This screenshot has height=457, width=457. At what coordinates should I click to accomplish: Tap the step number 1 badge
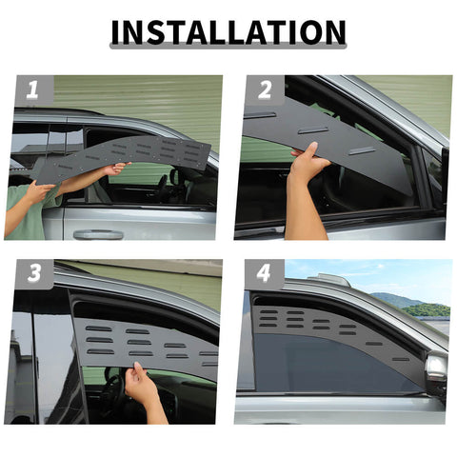click(31, 91)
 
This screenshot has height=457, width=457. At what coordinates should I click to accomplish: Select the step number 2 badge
click(264, 91)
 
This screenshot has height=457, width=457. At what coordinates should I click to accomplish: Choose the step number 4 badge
click(264, 274)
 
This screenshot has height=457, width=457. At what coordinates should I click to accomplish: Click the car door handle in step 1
click(98, 233)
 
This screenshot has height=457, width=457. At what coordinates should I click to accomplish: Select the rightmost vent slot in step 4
click(401, 359)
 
